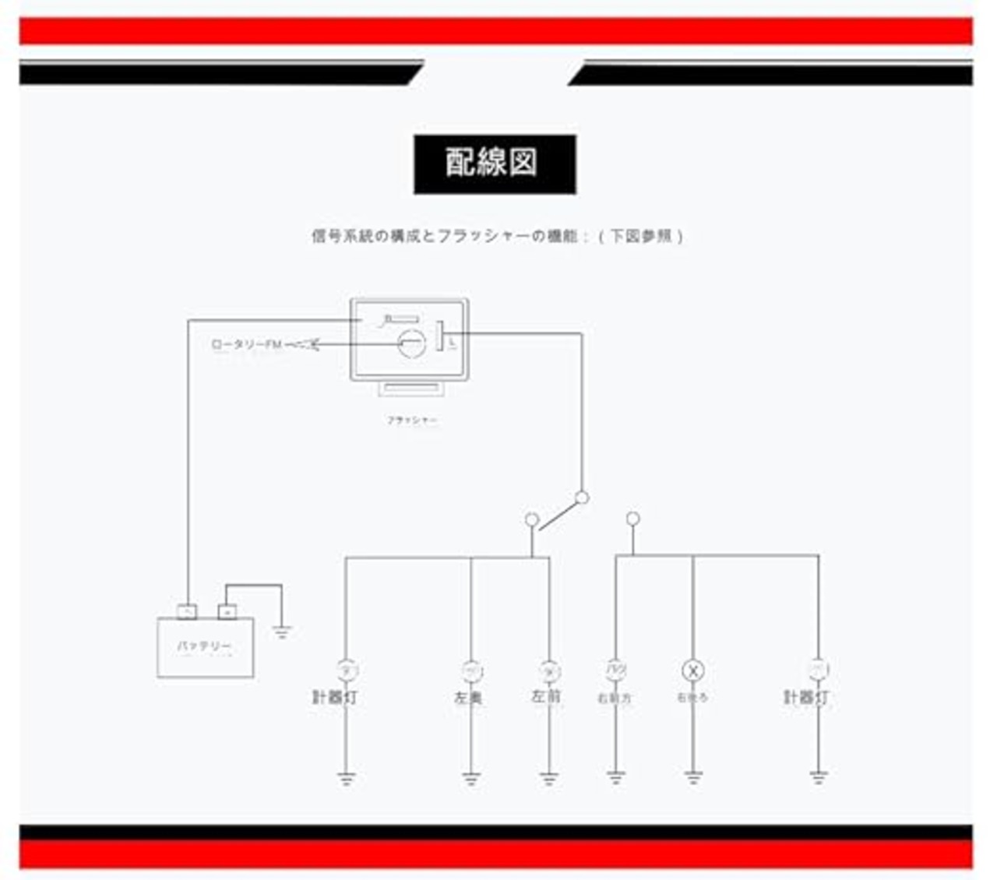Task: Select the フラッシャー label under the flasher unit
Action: click(412, 421)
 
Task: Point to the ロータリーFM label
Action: click(247, 344)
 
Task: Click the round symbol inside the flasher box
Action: click(412, 343)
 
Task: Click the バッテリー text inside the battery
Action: click(204, 647)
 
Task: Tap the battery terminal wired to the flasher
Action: click(187, 612)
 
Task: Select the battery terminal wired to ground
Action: click(227, 612)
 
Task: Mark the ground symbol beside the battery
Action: click(282, 632)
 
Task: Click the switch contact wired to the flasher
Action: click(582, 498)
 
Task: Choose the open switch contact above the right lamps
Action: click(633, 519)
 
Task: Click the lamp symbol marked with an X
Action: click(692, 671)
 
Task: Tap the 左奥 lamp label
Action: click(469, 699)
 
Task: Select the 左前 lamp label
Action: click(546, 696)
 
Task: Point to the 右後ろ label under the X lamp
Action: click(692, 698)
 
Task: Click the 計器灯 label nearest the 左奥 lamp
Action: click(335, 697)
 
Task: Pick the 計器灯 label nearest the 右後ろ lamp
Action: click(806, 697)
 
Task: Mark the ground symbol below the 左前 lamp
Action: click(549, 778)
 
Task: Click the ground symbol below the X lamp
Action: click(693, 777)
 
